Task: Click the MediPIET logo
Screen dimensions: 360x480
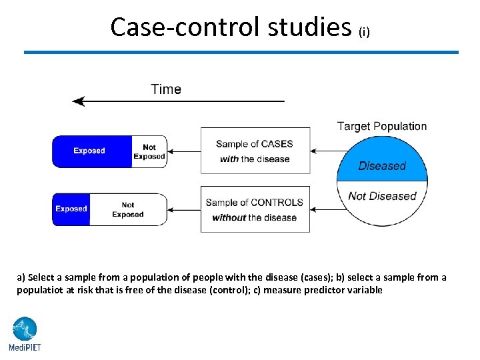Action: coord(25,333)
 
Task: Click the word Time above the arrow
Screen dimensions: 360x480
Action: coord(166,89)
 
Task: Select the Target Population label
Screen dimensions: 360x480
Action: coord(381,126)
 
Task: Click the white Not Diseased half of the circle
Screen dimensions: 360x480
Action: coord(382,200)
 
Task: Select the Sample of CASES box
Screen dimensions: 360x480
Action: coord(255,151)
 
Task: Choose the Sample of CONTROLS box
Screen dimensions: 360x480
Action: coord(255,209)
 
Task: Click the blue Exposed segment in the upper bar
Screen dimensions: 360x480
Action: coord(89,151)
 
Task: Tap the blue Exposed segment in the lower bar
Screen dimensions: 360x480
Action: coord(71,209)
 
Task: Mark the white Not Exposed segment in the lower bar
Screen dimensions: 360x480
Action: coord(128,209)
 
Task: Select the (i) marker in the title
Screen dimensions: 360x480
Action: coord(364,31)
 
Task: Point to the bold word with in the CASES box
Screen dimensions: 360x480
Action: coord(229,159)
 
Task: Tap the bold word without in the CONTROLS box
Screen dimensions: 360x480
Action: coord(229,218)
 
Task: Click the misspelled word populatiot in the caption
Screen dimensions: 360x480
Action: coord(39,291)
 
